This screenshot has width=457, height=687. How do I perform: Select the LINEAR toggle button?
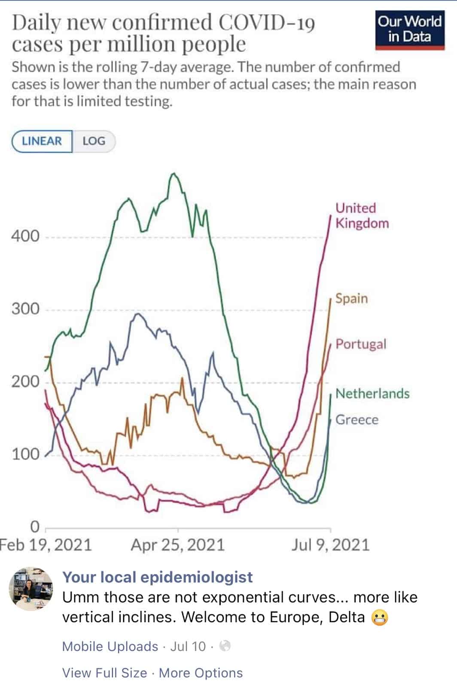[42, 141]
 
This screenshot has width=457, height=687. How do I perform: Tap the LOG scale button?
[94, 141]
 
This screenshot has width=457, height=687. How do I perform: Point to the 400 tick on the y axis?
[25, 236]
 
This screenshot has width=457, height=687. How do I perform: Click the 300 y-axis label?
[25, 309]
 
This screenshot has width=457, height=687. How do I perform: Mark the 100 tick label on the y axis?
[25, 454]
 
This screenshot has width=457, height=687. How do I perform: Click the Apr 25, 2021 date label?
[178, 545]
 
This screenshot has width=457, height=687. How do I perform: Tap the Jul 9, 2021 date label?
[330, 545]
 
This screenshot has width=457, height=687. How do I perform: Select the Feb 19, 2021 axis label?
[46, 545]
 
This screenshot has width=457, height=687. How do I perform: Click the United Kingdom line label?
[362, 216]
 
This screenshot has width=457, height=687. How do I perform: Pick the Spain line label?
[351, 298]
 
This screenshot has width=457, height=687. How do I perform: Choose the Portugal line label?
[361, 344]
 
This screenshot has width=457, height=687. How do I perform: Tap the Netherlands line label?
[372, 393]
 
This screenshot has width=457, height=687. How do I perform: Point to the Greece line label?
[357, 419]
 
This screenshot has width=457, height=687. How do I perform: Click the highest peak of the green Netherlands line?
[174, 173]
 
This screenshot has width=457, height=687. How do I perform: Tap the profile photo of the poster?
[31, 589]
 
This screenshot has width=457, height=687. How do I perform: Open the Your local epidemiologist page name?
[158, 577]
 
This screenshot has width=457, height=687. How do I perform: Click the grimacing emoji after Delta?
[379, 617]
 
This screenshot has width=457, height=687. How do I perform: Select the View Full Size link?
[104, 673]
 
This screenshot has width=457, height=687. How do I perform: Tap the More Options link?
[201, 673]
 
